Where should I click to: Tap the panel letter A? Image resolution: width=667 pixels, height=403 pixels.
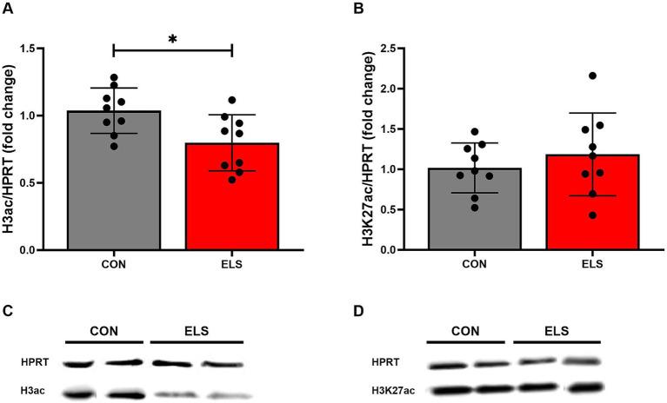tap(8, 10)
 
